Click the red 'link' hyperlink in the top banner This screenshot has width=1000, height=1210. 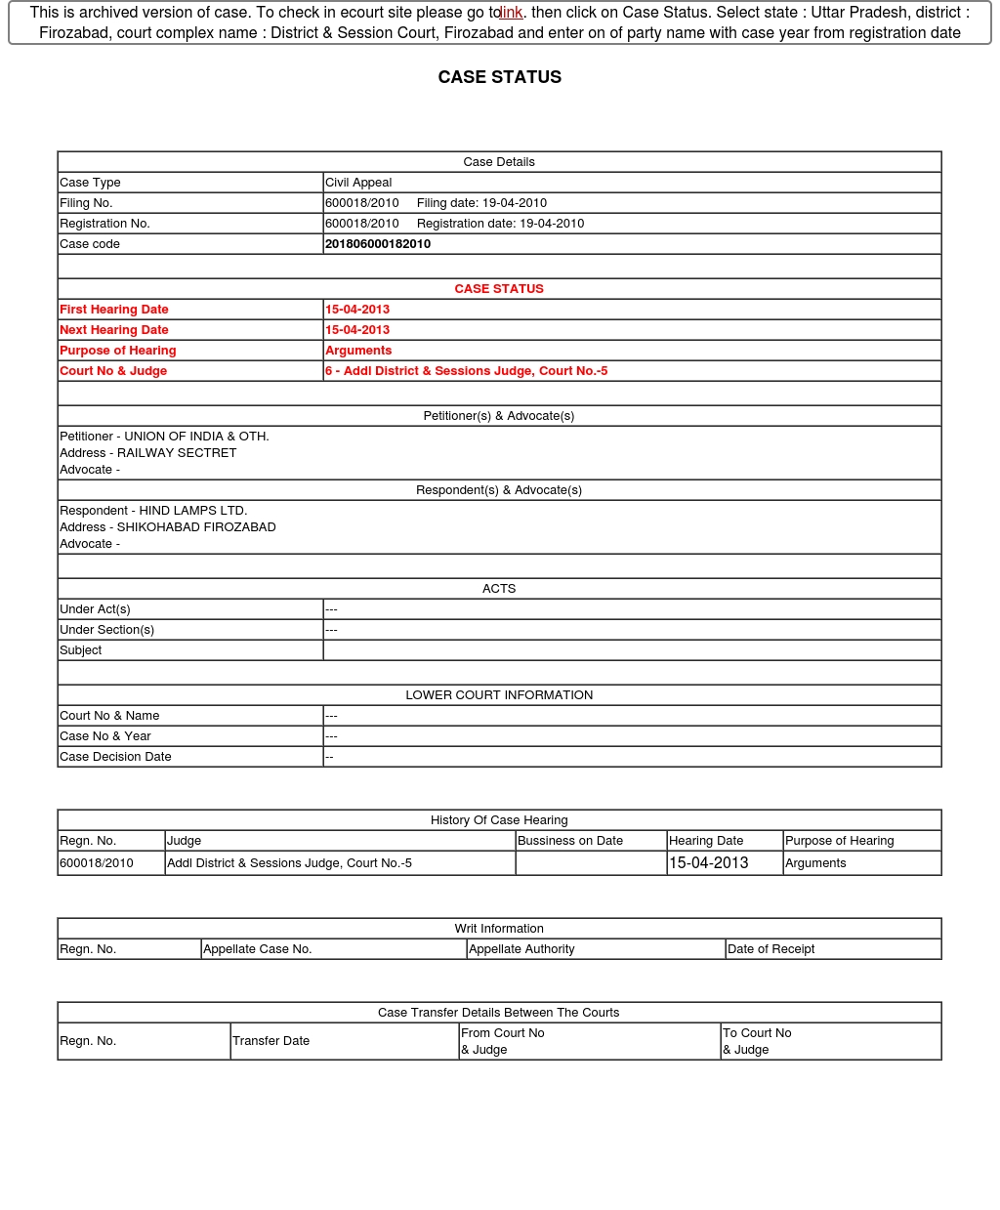tap(512, 13)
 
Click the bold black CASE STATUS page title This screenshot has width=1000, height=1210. tap(499, 77)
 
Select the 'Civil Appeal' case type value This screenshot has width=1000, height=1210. tap(358, 183)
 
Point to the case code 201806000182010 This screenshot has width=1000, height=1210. tap(378, 244)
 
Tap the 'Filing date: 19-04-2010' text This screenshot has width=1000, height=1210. tap(481, 203)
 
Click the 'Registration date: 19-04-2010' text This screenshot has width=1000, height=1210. tap(500, 224)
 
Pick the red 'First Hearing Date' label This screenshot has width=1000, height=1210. tap(114, 310)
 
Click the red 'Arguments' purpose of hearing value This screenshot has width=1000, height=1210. tap(358, 351)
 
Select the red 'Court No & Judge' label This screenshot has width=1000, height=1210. tap(113, 371)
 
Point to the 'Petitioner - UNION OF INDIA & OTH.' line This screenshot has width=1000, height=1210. tap(164, 437)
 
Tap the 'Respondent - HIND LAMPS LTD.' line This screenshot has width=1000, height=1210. tap(153, 511)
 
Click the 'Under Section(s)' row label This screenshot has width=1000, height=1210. tap(107, 630)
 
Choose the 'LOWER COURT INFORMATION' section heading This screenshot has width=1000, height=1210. tap(499, 695)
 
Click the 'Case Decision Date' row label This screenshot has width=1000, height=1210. tap(115, 757)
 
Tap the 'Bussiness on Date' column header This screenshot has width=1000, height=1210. tap(570, 841)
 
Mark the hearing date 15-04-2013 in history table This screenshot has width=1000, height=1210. tap(709, 863)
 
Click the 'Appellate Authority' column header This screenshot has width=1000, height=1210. tap(521, 949)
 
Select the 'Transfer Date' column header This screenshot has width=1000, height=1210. tap(271, 1041)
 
